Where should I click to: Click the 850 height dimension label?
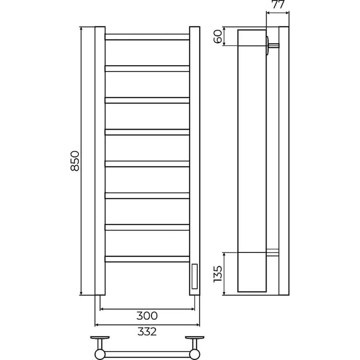(x=75, y=161)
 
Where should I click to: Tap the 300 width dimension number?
(x=147, y=316)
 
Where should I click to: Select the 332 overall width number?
(x=147, y=332)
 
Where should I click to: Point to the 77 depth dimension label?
(x=278, y=5)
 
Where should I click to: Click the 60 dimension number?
(x=218, y=36)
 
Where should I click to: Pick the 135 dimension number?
(x=217, y=274)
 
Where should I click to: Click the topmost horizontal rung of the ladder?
(x=147, y=37)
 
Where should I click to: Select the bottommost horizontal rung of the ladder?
(x=147, y=259)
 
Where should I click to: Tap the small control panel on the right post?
(x=194, y=276)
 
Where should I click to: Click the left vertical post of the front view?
(x=100, y=161)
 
